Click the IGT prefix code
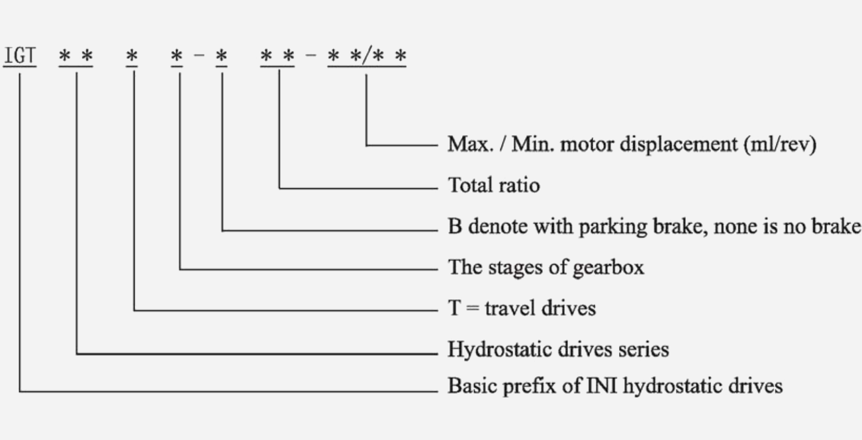click(x=20, y=56)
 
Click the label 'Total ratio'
click(x=494, y=186)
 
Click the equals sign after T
click(x=472, y=309)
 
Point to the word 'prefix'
click(x=530, y=386)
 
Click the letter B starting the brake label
click(x=455, y=227)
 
